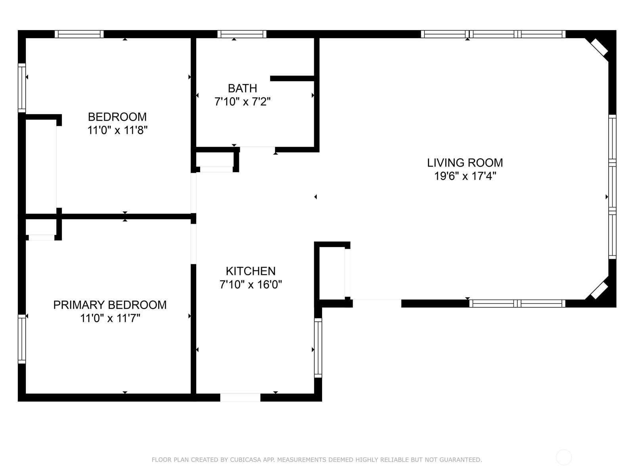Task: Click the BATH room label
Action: pyautogui.click(x=243, y=88)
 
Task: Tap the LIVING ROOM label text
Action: pyautogui.click(x=465, y=163)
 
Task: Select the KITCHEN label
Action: pyautogui.click(x=251, y=271)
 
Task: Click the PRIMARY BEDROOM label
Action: pyautogui.click(x=110, y=305)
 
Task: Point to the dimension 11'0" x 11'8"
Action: pyautogui.click(x=117, y=131)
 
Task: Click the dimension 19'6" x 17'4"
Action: pyautogui.click(x=465, y=176)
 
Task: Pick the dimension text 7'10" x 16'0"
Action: pyautogui.click(x=251, y=285)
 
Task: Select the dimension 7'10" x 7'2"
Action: pyautogui.click(x=243, y=102)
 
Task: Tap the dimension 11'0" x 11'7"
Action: pyautogui.click(x=110, y=319)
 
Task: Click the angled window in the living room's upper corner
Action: pyautogui.click(x=599, y=47)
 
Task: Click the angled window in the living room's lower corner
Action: pyautogui.click(x=599, y=290)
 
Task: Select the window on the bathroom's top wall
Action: pyautogui.click(x=242, y=34)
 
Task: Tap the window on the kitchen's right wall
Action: pyautogui.click(x=318, y=348)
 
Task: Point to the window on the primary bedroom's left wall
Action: pyautogui.click(x=22, y=339)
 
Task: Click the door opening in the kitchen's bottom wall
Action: pyautogui.click(x=240, y=397)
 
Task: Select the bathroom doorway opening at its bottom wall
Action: pyautogui.click(x=257, y=150)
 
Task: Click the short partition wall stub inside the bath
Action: pyautogui.click(x=292, y=78)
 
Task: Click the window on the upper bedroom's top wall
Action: pyautogui.click(x=79, y=34)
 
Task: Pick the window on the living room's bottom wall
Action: pyautogui.click(x=517, y=303)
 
